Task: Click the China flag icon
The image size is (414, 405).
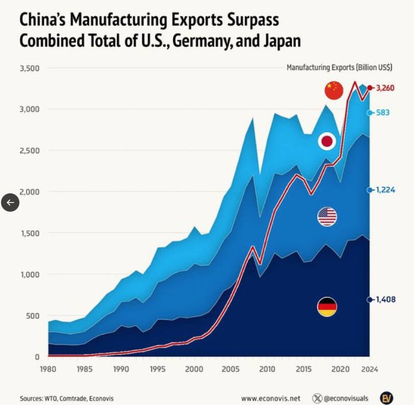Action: click(334, 90)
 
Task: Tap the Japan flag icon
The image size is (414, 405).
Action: click(327, 142)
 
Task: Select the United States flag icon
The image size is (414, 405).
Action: click(327, 217)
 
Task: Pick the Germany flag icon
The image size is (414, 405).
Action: click(327, 307)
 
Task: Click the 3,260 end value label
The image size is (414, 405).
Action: click(385, 88)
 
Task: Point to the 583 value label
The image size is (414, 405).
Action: click(383, 112)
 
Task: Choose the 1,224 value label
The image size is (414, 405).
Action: click(385, 190)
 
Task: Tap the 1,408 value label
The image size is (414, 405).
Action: click(385, 299)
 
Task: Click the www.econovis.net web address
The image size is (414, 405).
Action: click(271, 398)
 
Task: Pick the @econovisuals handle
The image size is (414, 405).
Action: click(347, 398)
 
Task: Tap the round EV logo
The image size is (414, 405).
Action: click(386, 398)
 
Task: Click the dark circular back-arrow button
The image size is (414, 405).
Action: click(10, 202)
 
